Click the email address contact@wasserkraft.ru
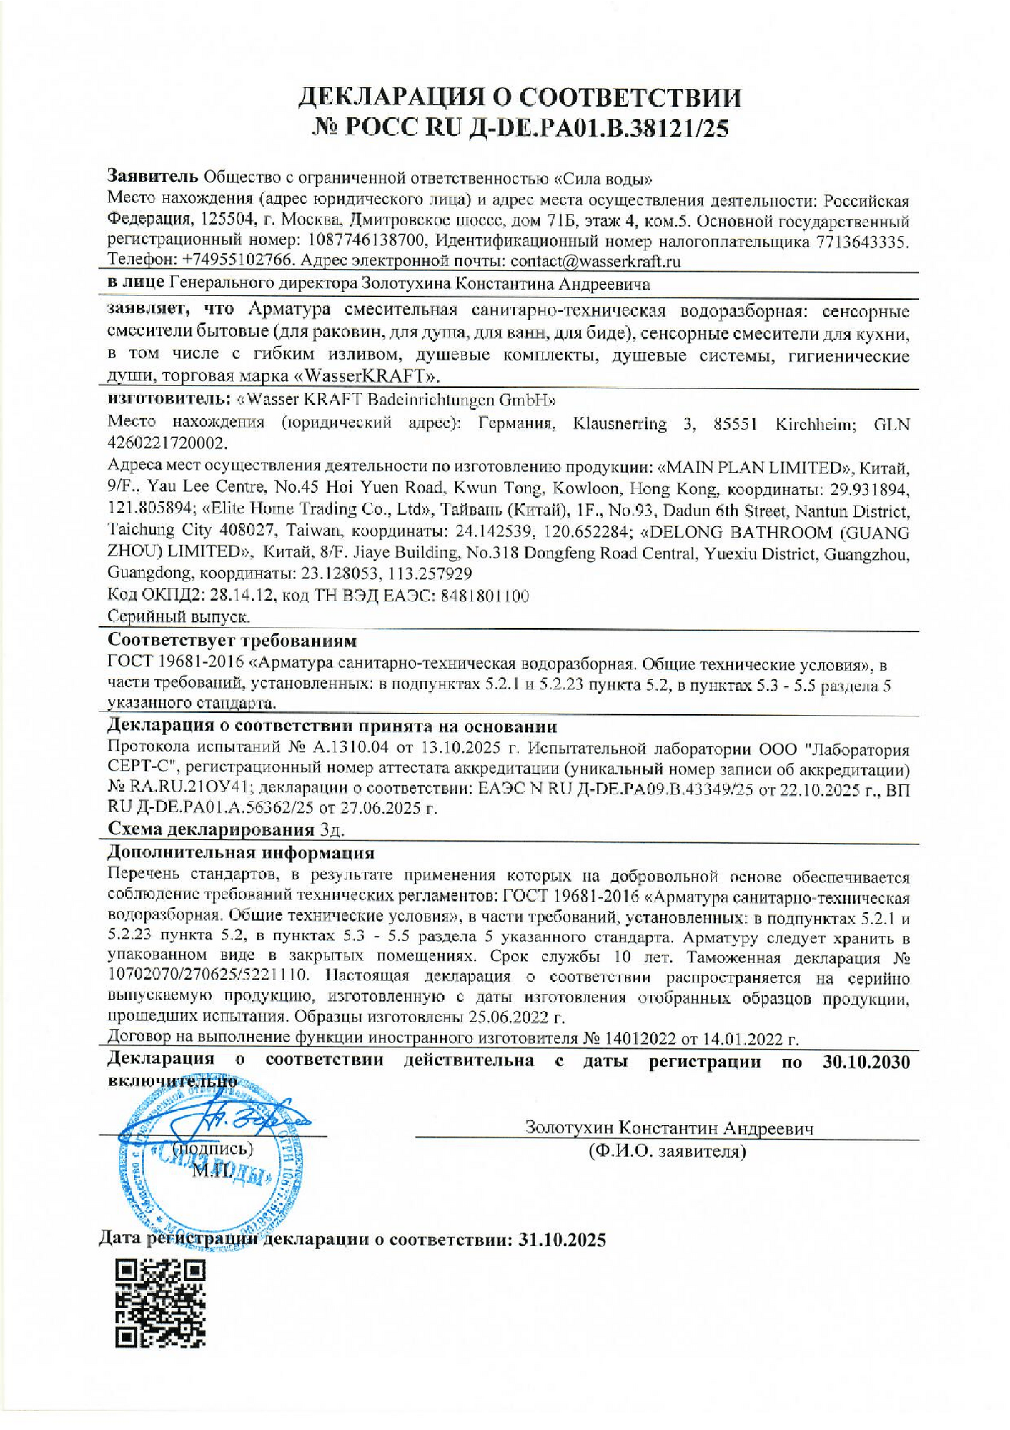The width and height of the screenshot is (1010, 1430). (595, 261)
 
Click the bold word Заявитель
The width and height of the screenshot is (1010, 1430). (152, 176)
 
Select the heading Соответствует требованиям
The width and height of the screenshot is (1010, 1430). (232, 640)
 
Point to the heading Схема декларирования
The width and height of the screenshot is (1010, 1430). (210, 829)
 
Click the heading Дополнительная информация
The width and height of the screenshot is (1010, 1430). (241, 852)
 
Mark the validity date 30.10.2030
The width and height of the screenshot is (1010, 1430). (866, 1062)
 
